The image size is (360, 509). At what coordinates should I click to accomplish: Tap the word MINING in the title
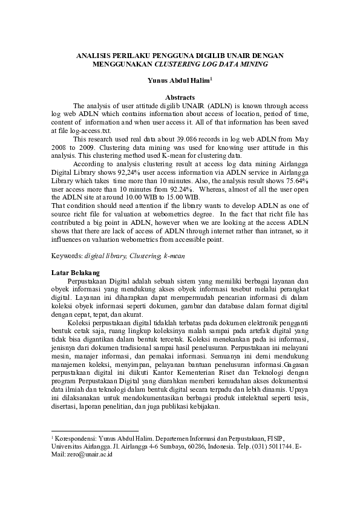(x=253, y=63)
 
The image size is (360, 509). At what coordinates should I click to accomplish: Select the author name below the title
(x=179, y=80)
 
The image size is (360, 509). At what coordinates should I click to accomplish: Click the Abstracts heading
(x=180, y=97)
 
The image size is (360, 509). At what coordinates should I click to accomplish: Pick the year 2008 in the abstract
(x=62, y=147)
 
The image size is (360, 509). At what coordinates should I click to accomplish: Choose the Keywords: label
(x=67, y=256)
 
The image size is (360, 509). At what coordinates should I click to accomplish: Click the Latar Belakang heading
(x=76, y=273)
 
